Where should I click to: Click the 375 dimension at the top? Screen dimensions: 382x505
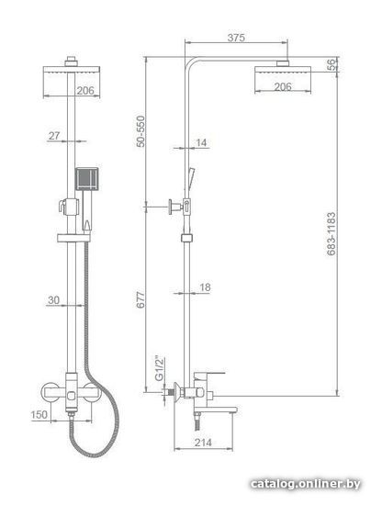click(236, 38)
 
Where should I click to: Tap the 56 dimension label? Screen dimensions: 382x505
click(331, 65)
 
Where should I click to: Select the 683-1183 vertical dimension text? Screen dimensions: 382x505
click(331, 233)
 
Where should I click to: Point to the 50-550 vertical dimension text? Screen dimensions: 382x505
click(140, 131)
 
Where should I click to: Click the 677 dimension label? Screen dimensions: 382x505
click(140, 299)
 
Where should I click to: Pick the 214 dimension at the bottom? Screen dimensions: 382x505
click(203, 443)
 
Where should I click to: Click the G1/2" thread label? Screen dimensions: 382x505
click(160, 369)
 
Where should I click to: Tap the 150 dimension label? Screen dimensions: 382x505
click(39, 414)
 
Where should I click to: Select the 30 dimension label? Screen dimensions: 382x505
click(54, 300)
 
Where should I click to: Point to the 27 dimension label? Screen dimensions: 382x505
click(54, 136)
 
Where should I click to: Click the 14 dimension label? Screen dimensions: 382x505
click(201, 142)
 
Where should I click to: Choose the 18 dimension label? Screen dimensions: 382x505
click(205, 287)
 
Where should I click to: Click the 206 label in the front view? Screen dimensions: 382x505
click(85, 91)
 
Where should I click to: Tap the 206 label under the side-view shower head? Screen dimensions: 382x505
click(283, 86)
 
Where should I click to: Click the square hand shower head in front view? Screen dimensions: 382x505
click(86, 179)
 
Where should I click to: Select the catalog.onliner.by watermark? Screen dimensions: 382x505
click(306, 484)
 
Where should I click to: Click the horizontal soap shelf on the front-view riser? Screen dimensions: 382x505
click(74, 238)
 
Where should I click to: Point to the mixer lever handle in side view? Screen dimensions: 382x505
click(209, 375)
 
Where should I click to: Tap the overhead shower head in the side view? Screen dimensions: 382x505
click(283, 71)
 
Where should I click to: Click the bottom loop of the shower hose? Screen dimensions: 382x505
click(94, 454)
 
